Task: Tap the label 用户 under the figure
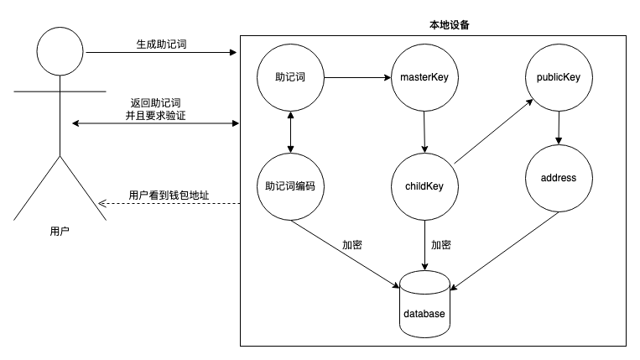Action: pyautogui.click(x=60, y=232)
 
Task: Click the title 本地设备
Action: pyautogui.click(x=450, y=25)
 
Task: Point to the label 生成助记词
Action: pyautogui.click(x=161, y=44)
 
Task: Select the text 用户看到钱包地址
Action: pyautogui.click(x=169, y=195)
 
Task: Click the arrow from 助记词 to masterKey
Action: pyautogui.click(x=357, y=77)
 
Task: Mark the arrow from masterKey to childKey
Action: pyautogui.click(x=424, y=133)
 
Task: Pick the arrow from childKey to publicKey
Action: pyautogui.click(x=494, y=131)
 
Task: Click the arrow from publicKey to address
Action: pyautogui.click(x=559, y=128)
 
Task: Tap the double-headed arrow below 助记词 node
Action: pyautogui.click(x=290, y=133)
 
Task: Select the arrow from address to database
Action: pyautogui.click(x=504, y=251)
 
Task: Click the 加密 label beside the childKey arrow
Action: pyautogui.click(x=441, y=245)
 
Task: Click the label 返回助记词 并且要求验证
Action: pyautogui.click(x=155, y=109)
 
